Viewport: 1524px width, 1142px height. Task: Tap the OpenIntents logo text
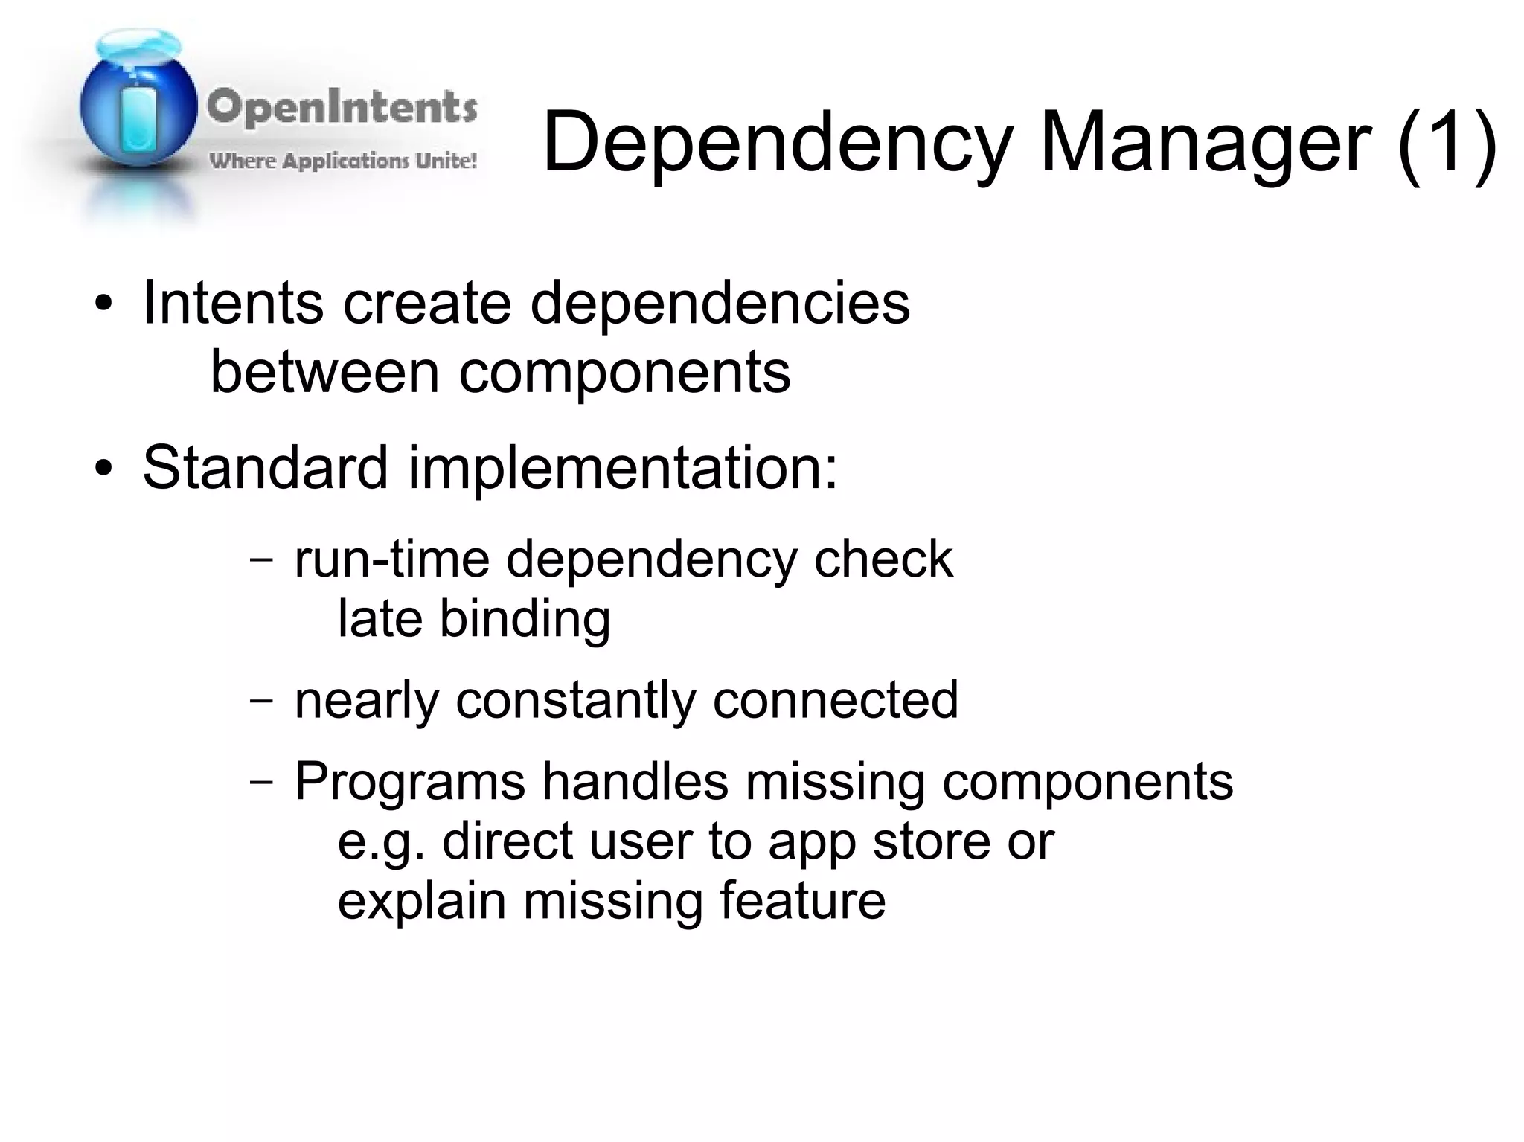pyautogui.click(x=342, y=108)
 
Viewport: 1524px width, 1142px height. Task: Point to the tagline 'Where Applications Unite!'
pyautogui.click(x=343, y=161)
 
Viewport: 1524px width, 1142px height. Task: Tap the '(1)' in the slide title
pyautogui.click(x=1447, y=141)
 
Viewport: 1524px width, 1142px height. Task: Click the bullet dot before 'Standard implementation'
pyautogui.click(x=103, y=469)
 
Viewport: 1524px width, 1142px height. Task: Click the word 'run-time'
pyautogui.click(x=391, y=559)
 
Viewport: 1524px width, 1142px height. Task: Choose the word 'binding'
pyautogui.click(x=525, y=620)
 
